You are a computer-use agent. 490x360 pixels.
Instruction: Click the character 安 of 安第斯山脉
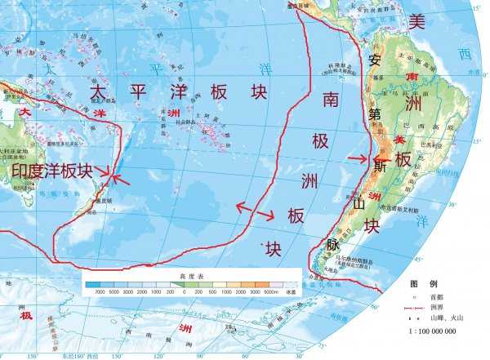375,60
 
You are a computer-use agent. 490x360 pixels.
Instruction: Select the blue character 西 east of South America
465,55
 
